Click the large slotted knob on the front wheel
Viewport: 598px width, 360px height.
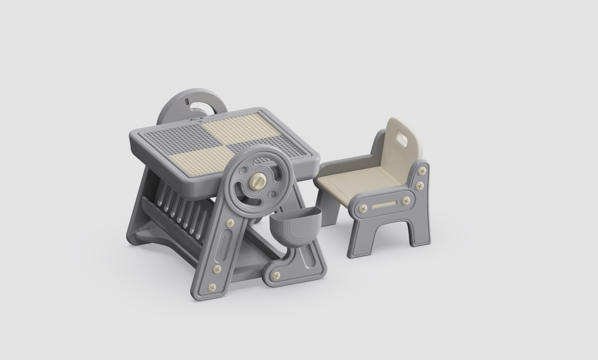(258, 182)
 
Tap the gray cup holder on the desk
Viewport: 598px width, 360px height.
(295, 223)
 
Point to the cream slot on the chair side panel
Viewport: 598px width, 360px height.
(384, 205)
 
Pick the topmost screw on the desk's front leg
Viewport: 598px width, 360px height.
(230, 223)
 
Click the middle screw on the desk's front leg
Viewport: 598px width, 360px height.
(217, 269)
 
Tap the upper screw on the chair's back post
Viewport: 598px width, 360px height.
(422, 171)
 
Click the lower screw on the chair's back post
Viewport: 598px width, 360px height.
(420, 186)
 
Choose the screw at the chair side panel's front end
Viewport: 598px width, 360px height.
(363, 209)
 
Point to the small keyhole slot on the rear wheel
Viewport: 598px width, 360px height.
(187, 102)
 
